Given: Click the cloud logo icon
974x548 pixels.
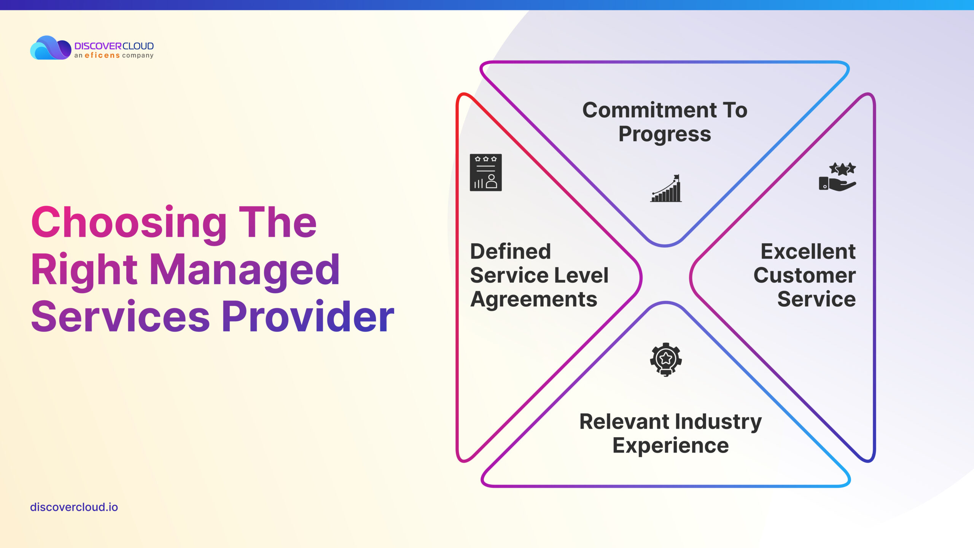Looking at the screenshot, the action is click(51, 48).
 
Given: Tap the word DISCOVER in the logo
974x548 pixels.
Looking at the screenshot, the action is click(98, 46).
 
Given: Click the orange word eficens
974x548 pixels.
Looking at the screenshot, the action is click(102, 56).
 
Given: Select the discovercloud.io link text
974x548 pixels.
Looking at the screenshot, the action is click(74, 507).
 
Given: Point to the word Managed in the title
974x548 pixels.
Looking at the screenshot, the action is click(245, 271).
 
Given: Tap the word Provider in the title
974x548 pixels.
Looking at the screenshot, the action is click(307, 317).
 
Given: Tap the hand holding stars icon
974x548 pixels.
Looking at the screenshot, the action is click(837, 177).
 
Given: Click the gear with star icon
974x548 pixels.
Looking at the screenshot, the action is click(666, 359).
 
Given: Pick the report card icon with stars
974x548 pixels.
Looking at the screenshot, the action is click(486, 172).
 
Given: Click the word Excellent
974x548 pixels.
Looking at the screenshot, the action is click(808, 252).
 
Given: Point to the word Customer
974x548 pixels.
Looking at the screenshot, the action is click(805, 275).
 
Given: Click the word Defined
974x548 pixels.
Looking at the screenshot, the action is click(511, 252).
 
